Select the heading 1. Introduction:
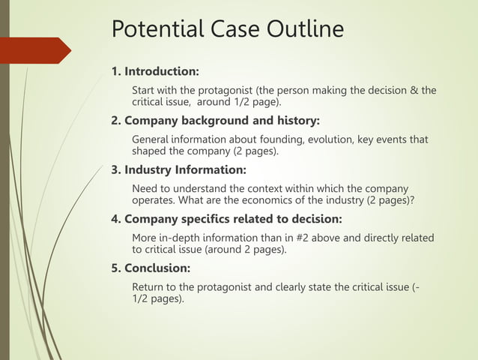click(x=155, y=72)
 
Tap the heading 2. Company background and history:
click(x=215, y=120)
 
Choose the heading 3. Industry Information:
click(x=178, y=169)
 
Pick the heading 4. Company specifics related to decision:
click(x=226, y=219)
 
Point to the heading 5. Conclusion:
click(x=151, y=268)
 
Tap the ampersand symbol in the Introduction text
click(x=414, y=91)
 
